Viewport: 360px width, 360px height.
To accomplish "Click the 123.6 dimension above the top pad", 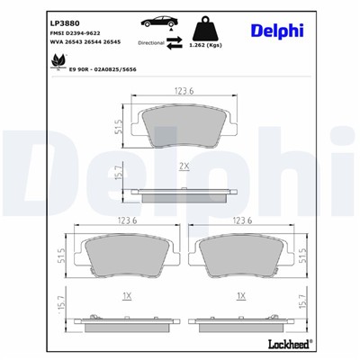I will (x=185, y=92).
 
